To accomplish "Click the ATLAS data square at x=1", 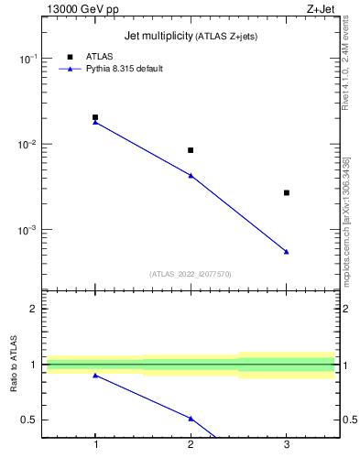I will pos(95,117).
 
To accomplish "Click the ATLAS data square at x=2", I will pos(191,150).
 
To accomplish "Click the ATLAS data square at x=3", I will pos(287,192).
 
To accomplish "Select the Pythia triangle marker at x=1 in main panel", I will pos(95,122).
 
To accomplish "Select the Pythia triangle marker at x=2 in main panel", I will pos(191,175).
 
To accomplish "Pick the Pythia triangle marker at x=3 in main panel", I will pos(287,251).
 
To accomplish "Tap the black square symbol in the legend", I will pos(70,57).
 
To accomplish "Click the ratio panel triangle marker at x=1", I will pos(95,376).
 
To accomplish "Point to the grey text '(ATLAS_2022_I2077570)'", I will pos(191,273).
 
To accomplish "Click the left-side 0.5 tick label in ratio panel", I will pos(30,420).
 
